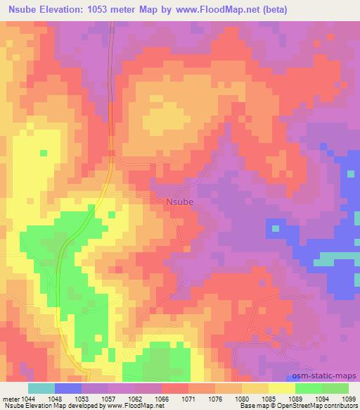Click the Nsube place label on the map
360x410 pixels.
pos(179,201)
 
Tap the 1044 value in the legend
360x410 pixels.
pos(36,398)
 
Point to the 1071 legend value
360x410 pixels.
pos(189,398)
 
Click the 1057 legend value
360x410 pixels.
pos(108,398)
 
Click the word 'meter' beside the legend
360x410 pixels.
pos(12,398)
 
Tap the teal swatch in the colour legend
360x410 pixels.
pos(41,388)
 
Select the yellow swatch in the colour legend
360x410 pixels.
pos(282,388)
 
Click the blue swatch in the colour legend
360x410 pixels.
pos(68,388)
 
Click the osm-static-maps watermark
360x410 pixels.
pos(330,376)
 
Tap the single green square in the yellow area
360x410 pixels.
pos(44,152)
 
